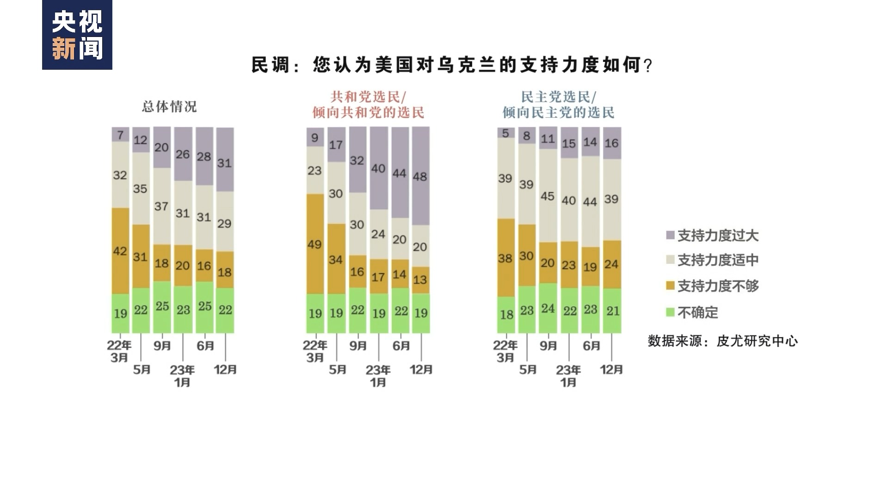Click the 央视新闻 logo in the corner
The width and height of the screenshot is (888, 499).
pos(77,35)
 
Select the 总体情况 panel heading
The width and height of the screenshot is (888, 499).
pos(169,107)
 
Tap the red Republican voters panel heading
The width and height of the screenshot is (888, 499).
pos(368,105)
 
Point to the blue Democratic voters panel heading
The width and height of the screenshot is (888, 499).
pos(558,105)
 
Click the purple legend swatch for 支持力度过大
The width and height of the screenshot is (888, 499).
pos(670,235)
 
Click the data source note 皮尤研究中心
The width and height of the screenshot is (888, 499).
pos(722,341)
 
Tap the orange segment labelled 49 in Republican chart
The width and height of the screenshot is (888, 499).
pos(315,244)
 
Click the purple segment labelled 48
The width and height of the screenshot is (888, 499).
pos(421,176)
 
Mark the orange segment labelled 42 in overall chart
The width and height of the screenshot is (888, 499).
pos(120,251)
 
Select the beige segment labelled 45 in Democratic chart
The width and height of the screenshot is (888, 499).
pos(548,196)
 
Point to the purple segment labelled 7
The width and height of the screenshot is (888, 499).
pos(120,134)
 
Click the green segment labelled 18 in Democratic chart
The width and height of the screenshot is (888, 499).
pos(506,315)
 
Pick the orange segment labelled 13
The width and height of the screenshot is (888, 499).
pos(421,280)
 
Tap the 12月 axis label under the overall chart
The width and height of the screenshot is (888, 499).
pos(225,370)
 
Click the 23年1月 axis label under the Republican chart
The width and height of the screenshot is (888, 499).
pos(378,376)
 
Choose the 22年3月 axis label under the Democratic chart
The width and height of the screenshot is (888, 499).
pos(506,351)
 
